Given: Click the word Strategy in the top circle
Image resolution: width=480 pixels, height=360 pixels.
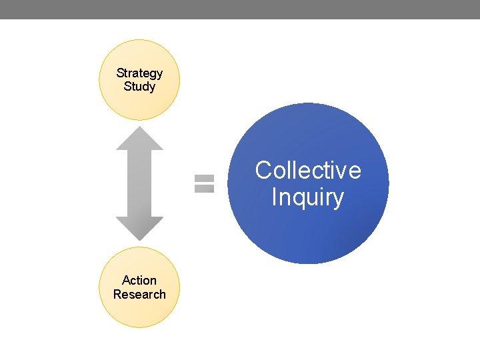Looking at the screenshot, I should pos(139,73).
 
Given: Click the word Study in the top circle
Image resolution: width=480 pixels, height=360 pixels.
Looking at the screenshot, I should pos(139,87).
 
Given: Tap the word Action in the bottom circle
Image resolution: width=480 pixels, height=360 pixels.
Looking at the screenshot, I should pos(139,281).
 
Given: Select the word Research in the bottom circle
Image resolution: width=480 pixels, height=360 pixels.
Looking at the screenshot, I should pos(139,294).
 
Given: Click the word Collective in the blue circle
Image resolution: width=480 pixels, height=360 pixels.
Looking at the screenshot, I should pos(308,171).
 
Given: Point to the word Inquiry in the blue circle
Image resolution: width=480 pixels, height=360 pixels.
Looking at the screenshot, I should pos(308,197).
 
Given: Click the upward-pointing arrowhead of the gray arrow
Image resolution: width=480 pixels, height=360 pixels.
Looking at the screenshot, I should pos(139,139).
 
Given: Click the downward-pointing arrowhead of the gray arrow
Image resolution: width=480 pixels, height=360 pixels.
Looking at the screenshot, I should pos(139,228).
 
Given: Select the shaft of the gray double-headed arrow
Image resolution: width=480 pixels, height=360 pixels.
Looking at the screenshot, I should pos(139,183).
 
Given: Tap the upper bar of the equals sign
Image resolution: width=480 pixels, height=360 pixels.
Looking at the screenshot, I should pos(204,179).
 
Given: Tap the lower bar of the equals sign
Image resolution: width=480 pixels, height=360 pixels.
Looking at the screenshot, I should pos(204,189).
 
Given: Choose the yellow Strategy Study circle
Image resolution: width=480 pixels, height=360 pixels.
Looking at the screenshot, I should pos(139,107).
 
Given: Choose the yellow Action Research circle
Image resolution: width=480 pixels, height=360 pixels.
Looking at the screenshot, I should pos(139,313).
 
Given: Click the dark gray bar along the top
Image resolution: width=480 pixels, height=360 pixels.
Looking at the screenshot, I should pos(240,9).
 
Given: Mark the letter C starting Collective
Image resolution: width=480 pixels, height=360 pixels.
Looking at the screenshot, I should pos(263,171).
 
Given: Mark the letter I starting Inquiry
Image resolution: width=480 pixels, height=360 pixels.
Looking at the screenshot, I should pos(275,197).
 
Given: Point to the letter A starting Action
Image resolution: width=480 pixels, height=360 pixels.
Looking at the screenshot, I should pos(126,281).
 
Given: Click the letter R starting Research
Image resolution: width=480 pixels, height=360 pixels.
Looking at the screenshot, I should pos(117,294).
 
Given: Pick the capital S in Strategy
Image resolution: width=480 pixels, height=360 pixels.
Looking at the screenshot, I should pos(120,73).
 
